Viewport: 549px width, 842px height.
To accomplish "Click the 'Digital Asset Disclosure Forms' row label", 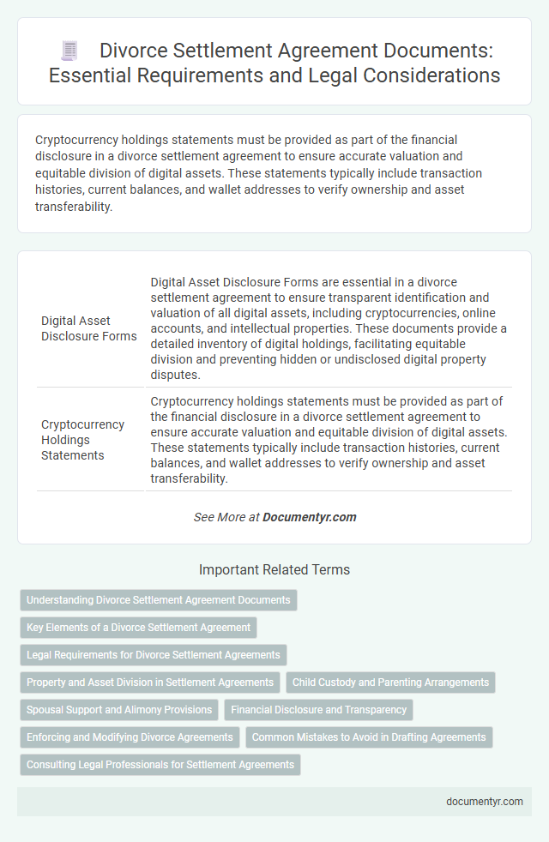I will pyautogui.click(x=89, y=328).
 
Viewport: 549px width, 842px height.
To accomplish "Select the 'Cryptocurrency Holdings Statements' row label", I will pyautogui.click(x=83, y=440).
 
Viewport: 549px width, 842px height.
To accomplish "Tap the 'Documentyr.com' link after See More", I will pyautogui.click(x=310, y=517).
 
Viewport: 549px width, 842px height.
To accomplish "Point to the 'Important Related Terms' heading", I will pyautogui.click(x=274, y=569).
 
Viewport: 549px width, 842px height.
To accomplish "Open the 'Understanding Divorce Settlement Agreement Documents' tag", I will pyautogui.click(x=159, y=600).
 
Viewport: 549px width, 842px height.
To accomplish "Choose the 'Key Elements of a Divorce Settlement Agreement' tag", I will pyautogui.click(x=139, y=628).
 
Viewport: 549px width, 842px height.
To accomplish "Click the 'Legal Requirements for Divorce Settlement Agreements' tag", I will pyautogui.click(x=154, y=655).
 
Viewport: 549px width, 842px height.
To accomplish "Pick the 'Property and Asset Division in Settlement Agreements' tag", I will pyautogui.click(x=150, y=683).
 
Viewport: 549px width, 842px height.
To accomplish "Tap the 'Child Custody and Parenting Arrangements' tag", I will pyautogui.click(x=390, y=683).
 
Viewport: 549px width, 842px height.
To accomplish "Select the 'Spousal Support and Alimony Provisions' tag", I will pyautogui.click(x=119, y=710).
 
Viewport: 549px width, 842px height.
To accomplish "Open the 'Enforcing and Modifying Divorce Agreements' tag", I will pyautogui.click(x=130, y=737).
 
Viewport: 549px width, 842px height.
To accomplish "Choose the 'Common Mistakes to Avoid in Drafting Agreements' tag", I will pyautogui.click(x=369, y=737).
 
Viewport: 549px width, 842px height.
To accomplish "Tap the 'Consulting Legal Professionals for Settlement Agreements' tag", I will pyautogui.click(x=160, y=765).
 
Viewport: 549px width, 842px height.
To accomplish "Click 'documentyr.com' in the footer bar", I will pyautogui.click(x=484, y=802).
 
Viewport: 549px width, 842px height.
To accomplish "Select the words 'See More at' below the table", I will pyautogui.click(x=226, y=517).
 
